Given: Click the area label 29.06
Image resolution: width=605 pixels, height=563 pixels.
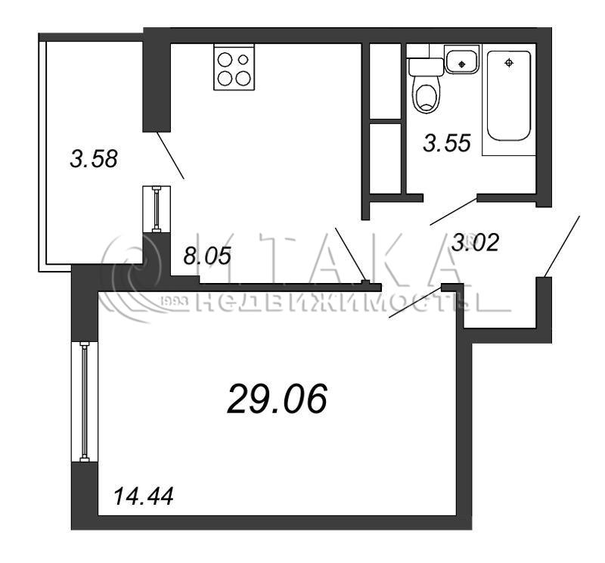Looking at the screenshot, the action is click(278, 400).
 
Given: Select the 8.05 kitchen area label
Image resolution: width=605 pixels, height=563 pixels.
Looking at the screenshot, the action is click(207, 256).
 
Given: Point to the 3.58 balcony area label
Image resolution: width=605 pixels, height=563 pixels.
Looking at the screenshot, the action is click(94, 159).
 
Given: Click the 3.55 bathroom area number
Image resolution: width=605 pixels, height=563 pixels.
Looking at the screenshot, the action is click(447, 142).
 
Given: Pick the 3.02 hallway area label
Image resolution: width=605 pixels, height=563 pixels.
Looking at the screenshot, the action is click(476, 242).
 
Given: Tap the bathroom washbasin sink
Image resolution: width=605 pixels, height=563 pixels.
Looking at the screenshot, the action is click(462, 59).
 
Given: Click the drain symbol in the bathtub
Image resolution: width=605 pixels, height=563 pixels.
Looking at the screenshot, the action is click(509, 63).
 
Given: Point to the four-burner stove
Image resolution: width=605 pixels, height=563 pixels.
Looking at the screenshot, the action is click(234, 67).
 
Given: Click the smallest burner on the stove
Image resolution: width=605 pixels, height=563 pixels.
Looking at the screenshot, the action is click(243, 60).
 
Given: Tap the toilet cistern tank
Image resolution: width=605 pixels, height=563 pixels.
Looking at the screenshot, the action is click(426, 67).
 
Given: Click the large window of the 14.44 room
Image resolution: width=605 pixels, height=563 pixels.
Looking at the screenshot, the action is click(85, 402).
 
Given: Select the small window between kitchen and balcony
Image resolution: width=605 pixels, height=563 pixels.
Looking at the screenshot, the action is click(157, 210).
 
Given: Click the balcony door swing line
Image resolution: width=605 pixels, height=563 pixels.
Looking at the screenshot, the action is click(170, 155).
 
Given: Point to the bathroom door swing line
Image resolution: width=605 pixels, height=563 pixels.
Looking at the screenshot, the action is click(454, 211).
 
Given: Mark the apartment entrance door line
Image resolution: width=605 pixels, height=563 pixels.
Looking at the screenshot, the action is click(562, 247).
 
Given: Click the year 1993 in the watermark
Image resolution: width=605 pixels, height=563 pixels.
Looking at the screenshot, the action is click(173, 301).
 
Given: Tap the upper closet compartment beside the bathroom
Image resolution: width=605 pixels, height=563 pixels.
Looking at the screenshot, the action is click(385, 81).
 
